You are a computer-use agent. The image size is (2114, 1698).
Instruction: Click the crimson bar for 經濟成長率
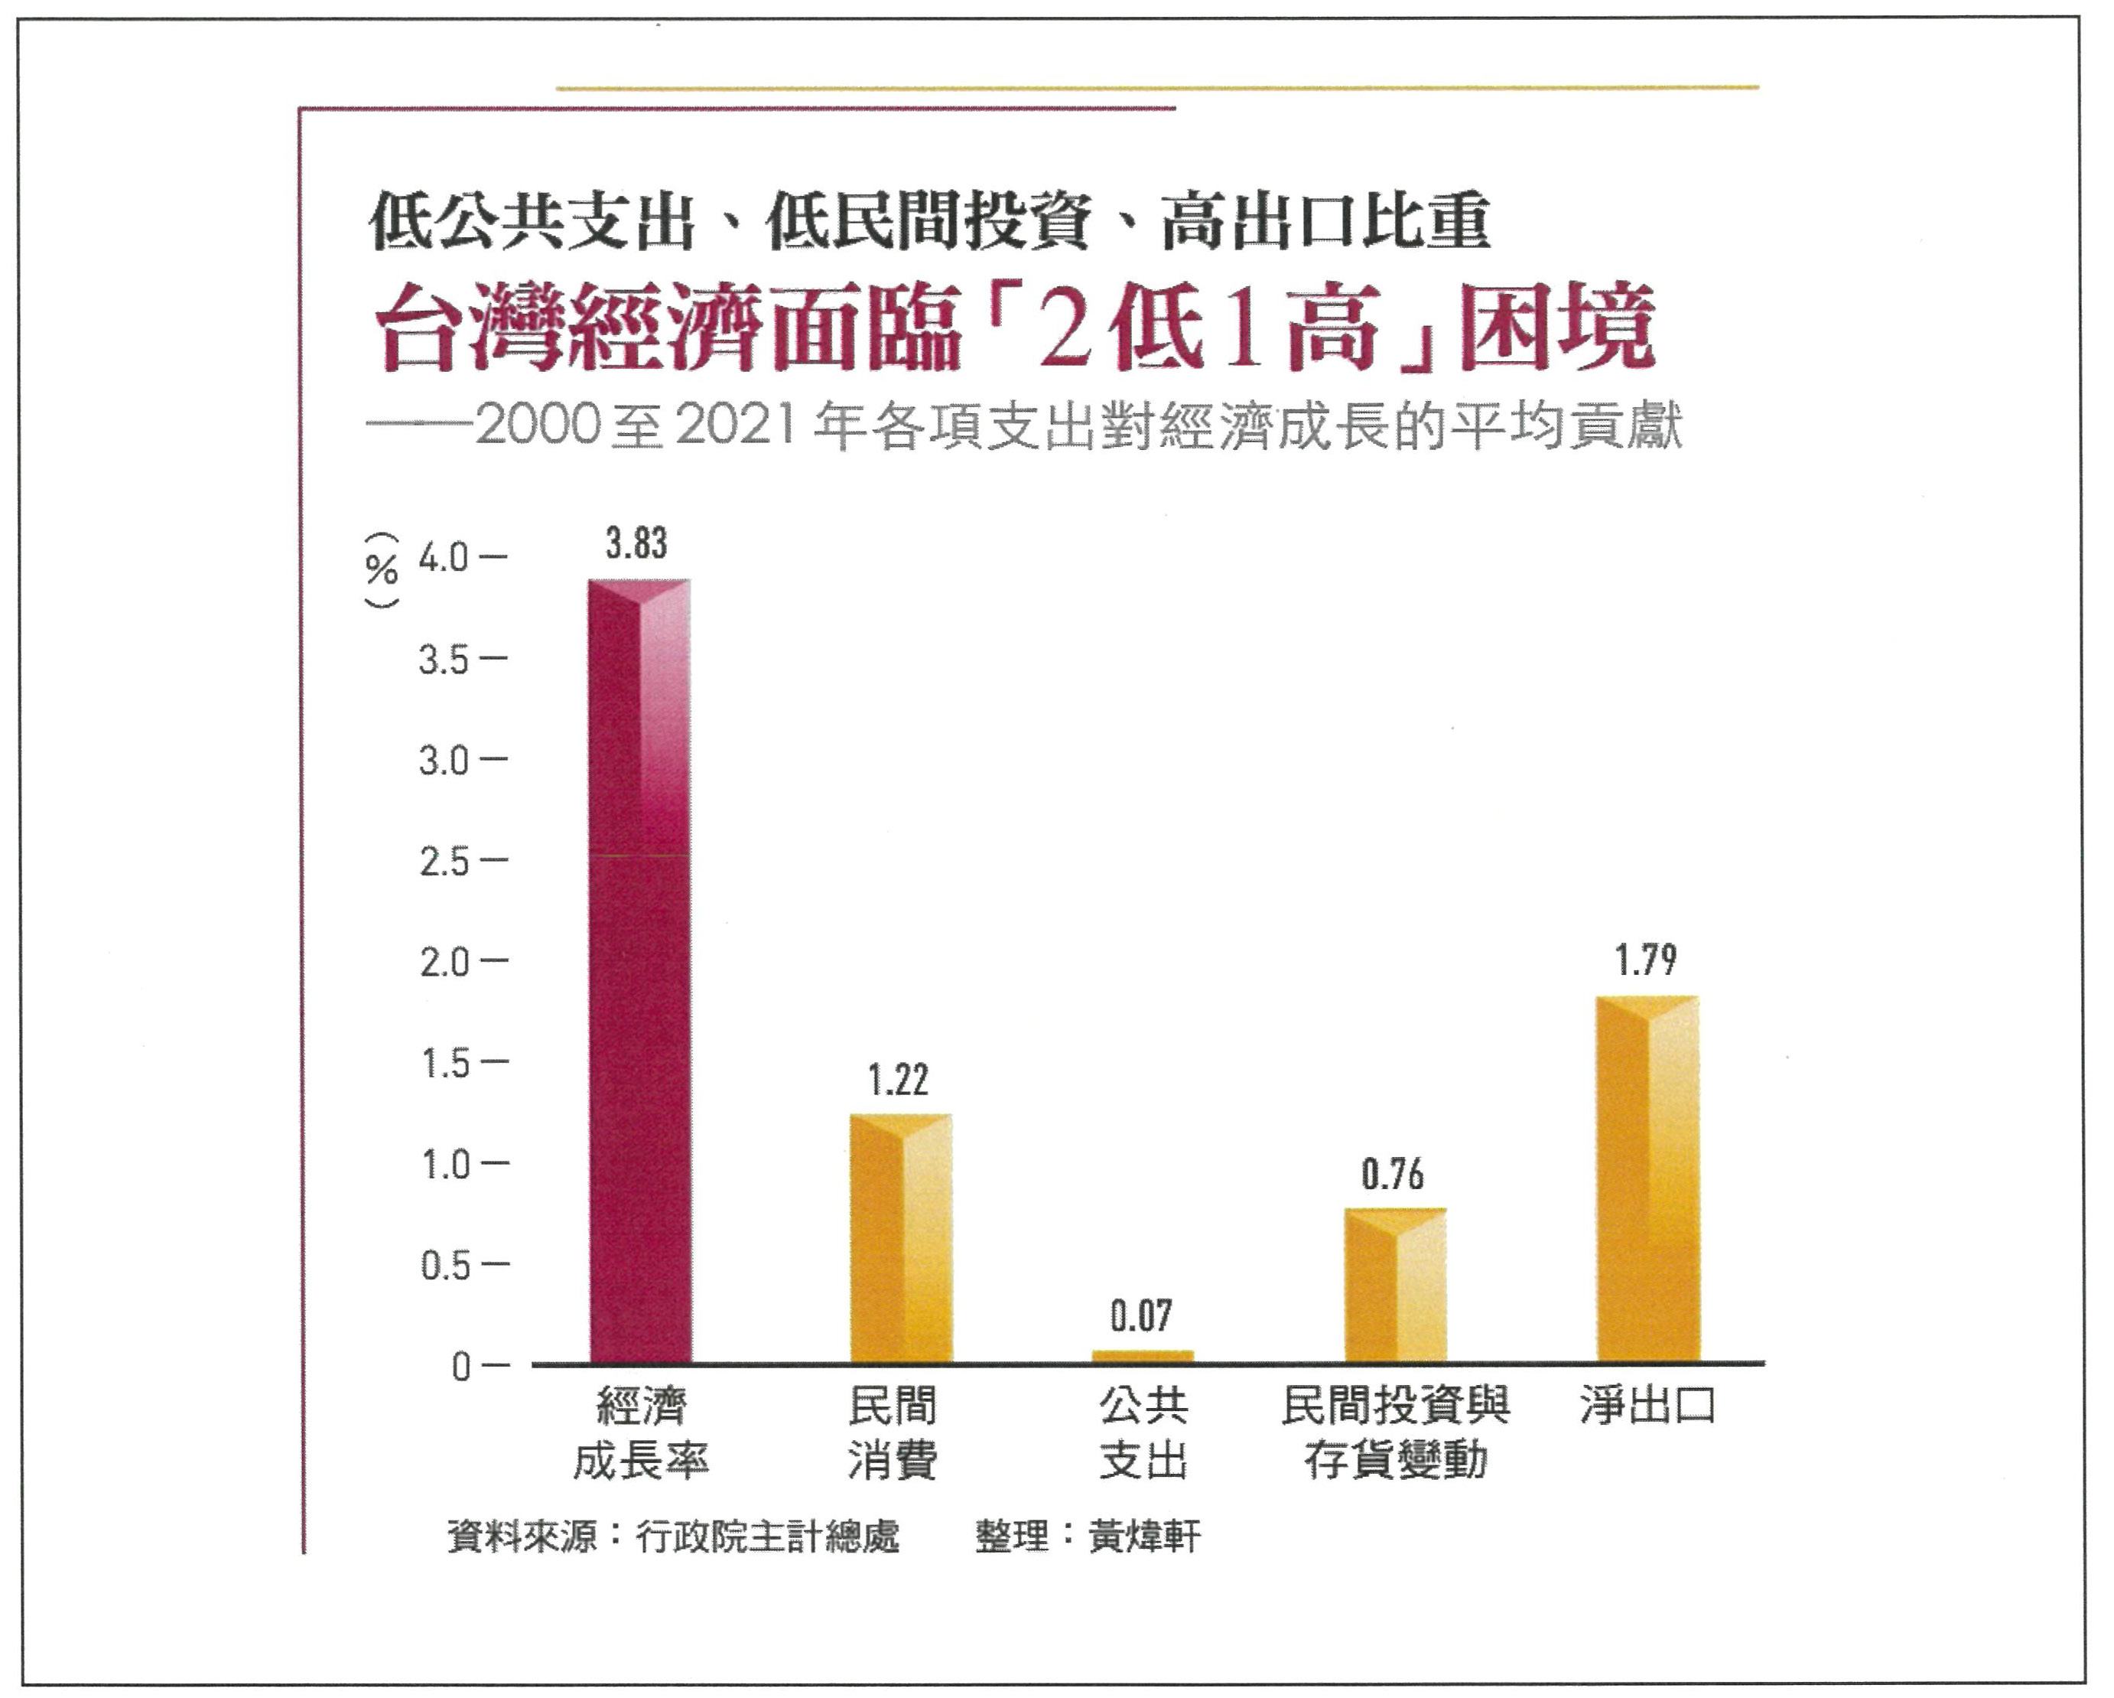(x=639, y=971)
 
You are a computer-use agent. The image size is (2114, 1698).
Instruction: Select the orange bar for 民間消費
(x=900, y=1238)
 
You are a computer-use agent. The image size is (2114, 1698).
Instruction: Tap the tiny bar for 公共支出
(x=1143, y=1357)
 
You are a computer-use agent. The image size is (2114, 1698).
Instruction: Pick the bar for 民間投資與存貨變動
(x=1394, y=1285)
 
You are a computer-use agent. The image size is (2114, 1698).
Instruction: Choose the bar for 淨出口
(x=1647, y=1179)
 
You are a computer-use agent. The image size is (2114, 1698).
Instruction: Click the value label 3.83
(x=636, y=543)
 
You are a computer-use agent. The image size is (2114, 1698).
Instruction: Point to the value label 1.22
(x=898, y=1080)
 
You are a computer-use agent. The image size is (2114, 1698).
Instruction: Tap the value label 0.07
(x=1141, y=1316)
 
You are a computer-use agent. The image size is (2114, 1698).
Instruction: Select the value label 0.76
(x=1392, y=1174)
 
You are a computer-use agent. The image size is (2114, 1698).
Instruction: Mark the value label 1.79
(x=1646, y=960)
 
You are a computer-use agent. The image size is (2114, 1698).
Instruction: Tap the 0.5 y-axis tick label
(x=445, y=1266)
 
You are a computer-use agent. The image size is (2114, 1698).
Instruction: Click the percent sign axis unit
(x=382, y=569)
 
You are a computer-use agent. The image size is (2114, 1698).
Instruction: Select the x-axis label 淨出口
(x=1647, y=1406)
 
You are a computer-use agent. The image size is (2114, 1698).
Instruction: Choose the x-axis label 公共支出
(x=1143, y=1433)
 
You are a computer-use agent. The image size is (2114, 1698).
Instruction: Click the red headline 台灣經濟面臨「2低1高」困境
(x=1015, y=328)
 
